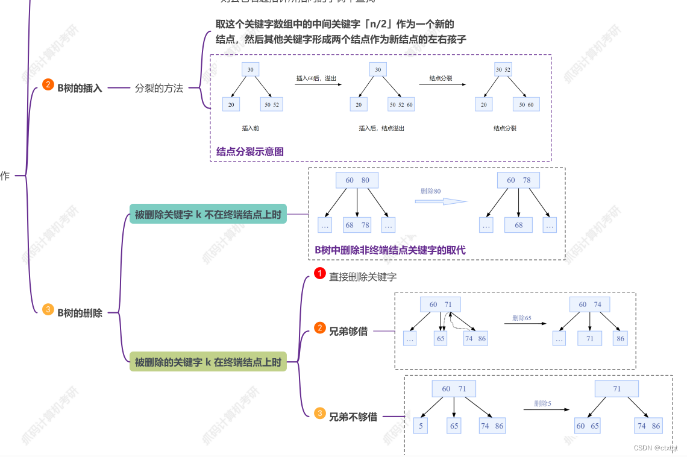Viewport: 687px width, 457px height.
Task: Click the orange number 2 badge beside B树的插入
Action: click(x=48, y=85)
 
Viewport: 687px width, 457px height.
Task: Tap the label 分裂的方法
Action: click(x=158, y=88)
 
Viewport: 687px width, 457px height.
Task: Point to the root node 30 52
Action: click(x=503, y=70)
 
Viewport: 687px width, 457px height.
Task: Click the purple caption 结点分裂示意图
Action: click(x=250, y=152)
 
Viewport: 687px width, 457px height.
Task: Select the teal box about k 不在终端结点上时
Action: click(x=208, y=214)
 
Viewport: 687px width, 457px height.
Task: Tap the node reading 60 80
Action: click(x=357, y=180)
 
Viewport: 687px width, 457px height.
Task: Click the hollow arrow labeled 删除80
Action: click(x=441, y=201)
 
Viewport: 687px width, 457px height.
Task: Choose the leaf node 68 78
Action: click(x=357, y=225)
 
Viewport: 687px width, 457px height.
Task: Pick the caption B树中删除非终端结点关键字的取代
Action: click(x=390, y=250)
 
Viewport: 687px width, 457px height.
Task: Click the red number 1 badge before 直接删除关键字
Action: click(x=320, y=274)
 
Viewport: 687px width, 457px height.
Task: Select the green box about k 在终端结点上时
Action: click(x=208, y=362)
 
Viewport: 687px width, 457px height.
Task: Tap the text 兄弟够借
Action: click(x=348, y=330)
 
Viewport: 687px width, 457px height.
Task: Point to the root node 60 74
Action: click(x=590, y=304)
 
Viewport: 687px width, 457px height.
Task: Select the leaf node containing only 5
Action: click(x=420, y=426)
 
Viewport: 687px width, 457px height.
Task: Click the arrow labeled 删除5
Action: click(x=546, y=410)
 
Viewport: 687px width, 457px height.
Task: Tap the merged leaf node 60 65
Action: click(x=588, y=426)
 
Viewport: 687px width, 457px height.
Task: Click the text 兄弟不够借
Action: click(x=353, y=417)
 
